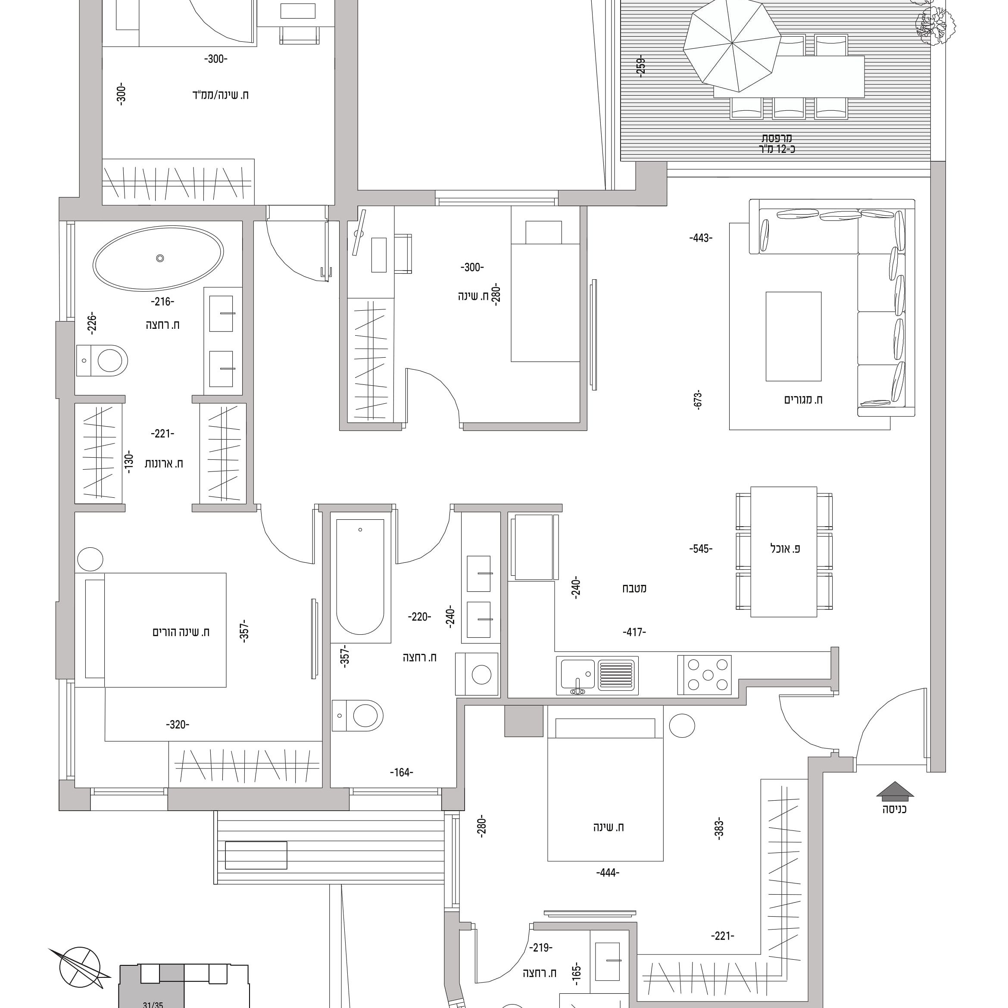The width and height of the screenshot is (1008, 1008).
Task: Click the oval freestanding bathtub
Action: click(159, 258)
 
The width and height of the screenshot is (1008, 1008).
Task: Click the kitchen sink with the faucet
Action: click(597, 676)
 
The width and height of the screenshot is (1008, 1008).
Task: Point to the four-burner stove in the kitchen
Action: click(704, 675)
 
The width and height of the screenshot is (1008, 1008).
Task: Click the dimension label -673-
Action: click(699, 399)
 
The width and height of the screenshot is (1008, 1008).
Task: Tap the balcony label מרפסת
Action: click(777, 138)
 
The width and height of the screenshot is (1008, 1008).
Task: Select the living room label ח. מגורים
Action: click(803, 399)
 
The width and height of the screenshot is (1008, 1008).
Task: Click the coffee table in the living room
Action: click(793, 337)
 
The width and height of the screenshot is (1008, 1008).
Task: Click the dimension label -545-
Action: click(701, 548)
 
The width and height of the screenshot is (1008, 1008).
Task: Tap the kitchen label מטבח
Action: click(634, 589)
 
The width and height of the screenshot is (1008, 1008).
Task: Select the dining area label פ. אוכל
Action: click(785, 548)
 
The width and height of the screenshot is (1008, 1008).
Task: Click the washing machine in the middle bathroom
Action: click(477, 674)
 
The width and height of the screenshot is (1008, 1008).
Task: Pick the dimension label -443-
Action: click(701, 238)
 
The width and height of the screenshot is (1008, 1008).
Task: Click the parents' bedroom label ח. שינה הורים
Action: click(181, 632)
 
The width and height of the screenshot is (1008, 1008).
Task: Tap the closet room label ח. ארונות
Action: click(163, 463)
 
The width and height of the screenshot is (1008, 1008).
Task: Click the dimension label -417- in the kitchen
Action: click(634, 632)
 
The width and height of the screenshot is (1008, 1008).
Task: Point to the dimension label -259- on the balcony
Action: click(641, 67)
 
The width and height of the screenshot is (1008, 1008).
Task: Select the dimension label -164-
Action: click(401, 772)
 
